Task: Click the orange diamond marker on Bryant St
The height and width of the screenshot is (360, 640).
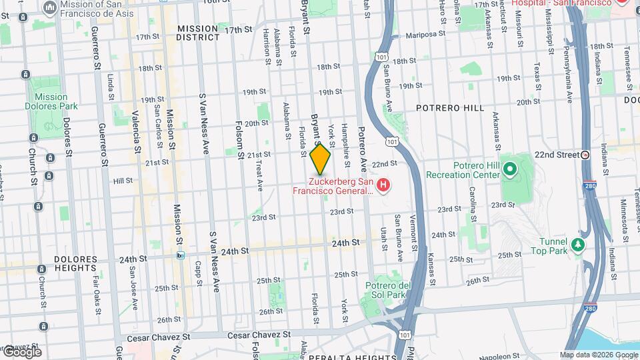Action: point(320,159)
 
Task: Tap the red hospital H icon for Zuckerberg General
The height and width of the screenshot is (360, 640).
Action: point(383,184)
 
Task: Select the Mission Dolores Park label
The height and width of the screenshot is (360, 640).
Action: point(51,101)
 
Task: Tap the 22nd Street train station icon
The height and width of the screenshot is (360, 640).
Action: point(585,155)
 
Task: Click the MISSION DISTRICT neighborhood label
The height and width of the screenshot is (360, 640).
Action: point(197,33)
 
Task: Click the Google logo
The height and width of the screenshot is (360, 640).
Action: point(21,351)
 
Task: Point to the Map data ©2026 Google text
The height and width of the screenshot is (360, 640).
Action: point(598,355)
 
